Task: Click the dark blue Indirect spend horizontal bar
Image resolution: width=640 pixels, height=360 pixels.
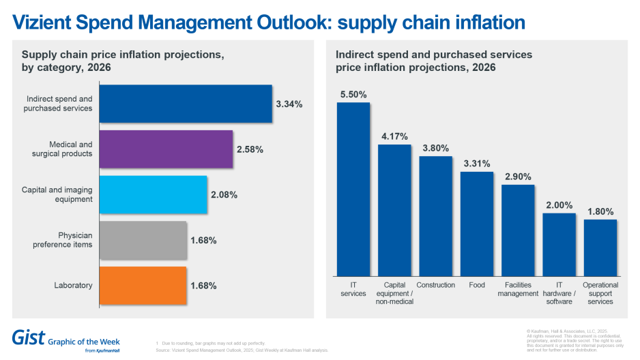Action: pos(186,104)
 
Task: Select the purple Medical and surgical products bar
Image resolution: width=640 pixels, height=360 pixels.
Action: pos(166,149)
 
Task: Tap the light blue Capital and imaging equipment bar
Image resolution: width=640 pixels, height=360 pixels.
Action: pos(153,195)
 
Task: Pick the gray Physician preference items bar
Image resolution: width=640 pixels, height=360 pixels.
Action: pos(143,240)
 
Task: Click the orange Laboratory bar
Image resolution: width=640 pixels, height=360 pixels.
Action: pos(143,286)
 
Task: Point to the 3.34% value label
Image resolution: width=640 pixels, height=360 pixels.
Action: pos(289,104)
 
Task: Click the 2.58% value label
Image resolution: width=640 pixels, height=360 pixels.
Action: pos(249,149)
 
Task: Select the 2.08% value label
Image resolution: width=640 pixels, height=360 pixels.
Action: pos(224,195)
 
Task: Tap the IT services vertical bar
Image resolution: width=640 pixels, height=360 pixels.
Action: pos(353,189)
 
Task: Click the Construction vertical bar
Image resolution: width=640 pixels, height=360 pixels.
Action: pos(435,215)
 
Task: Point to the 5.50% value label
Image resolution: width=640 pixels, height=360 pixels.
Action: pos(353,94)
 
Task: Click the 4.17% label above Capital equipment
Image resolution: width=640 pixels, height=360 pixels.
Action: pos(394,136)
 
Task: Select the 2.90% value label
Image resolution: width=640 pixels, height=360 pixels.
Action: pos(518,177)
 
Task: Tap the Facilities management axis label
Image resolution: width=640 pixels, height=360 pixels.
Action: pos(518,289)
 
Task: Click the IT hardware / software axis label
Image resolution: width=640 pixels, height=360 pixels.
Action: pos(559,293)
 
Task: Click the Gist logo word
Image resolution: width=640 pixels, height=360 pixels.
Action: pos(29,337)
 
